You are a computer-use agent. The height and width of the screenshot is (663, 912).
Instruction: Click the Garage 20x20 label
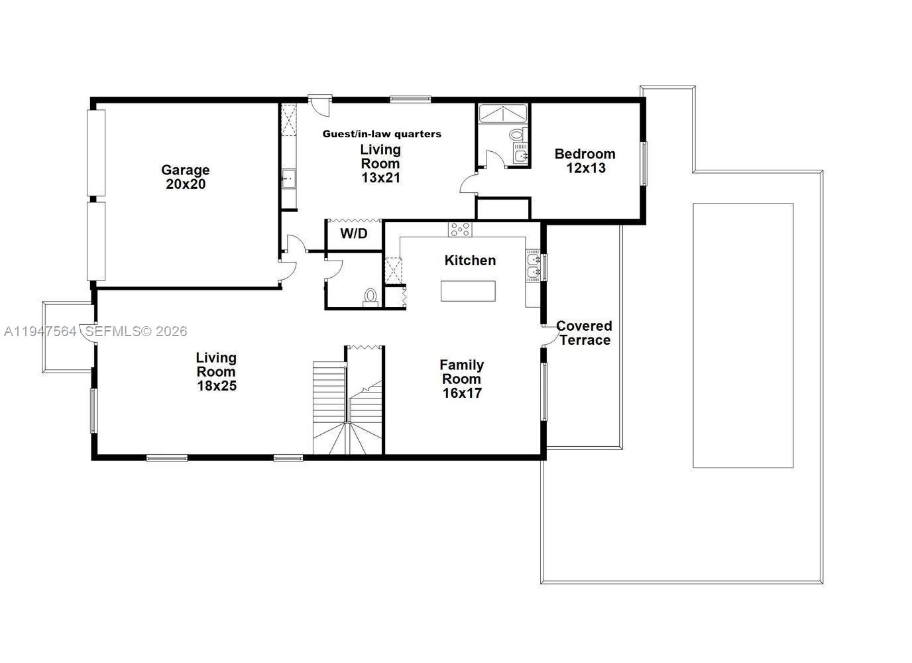[186, 177]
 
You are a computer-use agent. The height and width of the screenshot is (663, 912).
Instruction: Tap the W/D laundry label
[353, 233]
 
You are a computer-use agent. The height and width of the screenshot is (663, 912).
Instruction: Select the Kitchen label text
[470, 261]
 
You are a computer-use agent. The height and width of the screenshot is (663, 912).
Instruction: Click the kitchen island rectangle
[468, 291]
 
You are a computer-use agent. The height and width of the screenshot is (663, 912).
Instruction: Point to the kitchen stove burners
[460, 229]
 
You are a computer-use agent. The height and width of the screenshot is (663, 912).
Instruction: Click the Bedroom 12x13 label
[585, 161]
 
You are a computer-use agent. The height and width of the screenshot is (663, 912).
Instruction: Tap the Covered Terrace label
[584, 333]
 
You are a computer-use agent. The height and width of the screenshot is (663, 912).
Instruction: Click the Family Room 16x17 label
[461, 379]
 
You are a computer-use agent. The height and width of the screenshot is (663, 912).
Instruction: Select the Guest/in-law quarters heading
[382, 134]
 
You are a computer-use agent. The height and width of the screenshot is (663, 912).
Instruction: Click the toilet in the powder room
[370, 296]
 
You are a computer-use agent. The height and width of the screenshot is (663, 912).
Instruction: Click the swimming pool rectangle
[743, 335]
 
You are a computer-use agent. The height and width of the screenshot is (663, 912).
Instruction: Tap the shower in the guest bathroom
[502, 113]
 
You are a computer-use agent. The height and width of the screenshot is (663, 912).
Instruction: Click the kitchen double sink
[533, 265]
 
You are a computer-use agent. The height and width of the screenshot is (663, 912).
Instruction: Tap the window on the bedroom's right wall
[642, 163]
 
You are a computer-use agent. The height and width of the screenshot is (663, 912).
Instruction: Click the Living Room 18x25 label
[216, 371]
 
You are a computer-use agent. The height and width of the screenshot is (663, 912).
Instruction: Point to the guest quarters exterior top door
[319, 104]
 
